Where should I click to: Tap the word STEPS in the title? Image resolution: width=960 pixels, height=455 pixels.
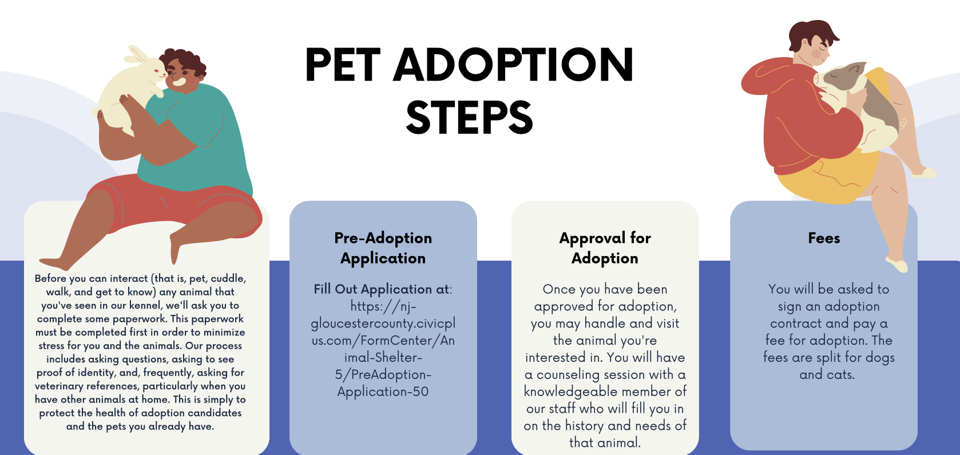(469, 117)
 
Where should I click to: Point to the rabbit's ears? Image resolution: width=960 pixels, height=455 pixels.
(137, 55)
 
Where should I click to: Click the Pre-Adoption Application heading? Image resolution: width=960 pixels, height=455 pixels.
(383, 248)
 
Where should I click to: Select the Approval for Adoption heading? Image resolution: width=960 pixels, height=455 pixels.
(605, 248)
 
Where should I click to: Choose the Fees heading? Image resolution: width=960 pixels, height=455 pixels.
(824, 238)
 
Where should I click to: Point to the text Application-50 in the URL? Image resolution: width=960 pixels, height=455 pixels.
(383, 392)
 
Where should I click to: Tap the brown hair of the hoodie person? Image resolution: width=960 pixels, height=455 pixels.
(811, 34)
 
